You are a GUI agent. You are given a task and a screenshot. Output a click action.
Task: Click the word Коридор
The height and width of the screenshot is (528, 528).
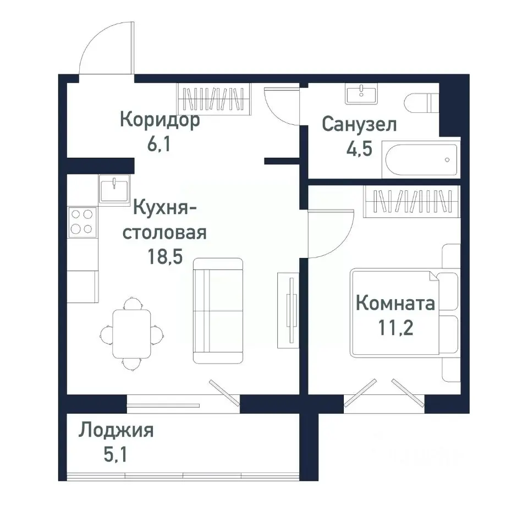(x=159, y=120)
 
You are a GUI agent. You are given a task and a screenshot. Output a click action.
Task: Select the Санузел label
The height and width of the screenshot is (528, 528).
(x=359, y=125)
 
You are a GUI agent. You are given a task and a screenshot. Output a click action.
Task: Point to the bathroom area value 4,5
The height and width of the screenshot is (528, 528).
(x=359, y=150)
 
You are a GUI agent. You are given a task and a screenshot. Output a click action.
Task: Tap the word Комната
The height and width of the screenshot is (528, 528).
(x=395, y=303)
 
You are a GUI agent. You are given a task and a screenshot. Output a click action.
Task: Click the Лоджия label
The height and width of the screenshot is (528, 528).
(x=116, y=430)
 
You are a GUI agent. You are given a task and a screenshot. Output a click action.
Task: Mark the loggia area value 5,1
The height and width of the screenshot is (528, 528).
(x=116, y=455)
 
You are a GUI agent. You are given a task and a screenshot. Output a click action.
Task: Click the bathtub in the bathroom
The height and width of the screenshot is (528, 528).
(x=421, y=160)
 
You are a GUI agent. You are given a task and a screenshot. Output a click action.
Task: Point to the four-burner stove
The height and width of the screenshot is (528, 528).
(x=82, y=222)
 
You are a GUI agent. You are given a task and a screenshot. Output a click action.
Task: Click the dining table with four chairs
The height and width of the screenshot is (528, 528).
(x=131, y=333)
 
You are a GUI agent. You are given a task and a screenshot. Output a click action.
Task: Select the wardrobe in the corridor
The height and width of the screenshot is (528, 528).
(x=215, y=100)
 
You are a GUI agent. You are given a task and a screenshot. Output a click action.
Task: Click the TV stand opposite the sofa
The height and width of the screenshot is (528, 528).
(x=288, y=309)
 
